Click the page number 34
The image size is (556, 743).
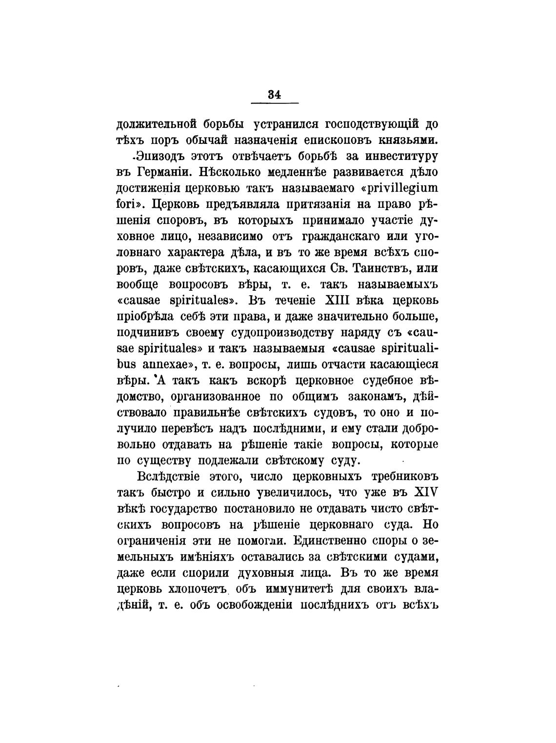[x=274, y=95]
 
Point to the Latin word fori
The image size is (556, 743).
[x=128, y=205]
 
